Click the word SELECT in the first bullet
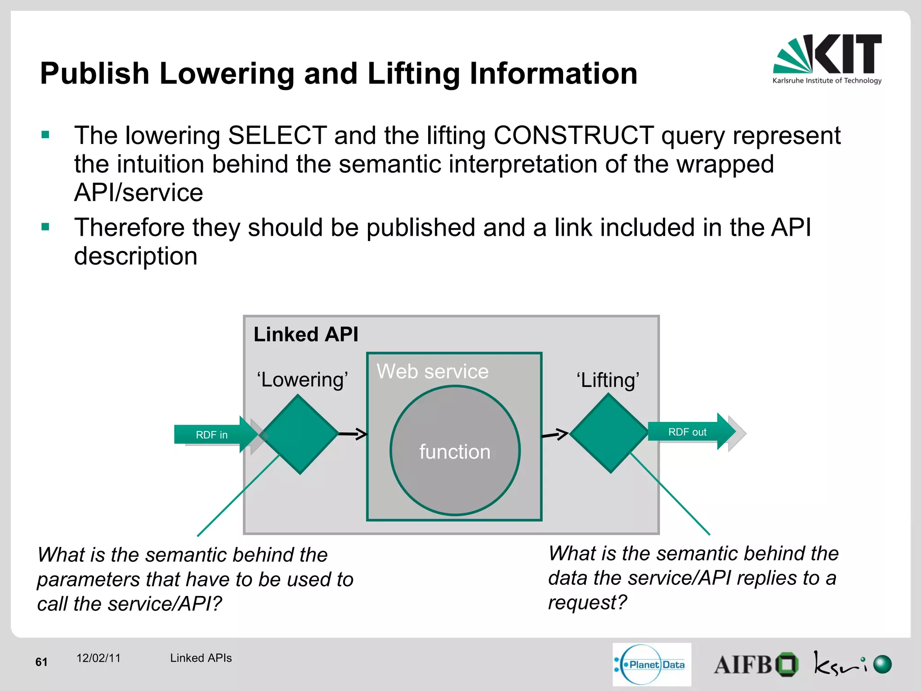click(x=277, y=135)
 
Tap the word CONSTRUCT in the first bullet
click(x=573, y=135)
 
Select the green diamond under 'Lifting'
click(x=609, y=433)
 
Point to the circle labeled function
click(x=455, y=450)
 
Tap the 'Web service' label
click(x=432, y=372)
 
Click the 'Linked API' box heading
click(x=306, y=335)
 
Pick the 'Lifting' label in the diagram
click(x=608, y=381)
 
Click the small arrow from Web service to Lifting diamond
click(x=555, y=434)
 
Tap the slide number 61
click(x=41, y=662)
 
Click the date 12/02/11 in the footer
click(x=98, y=658)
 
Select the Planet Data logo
click(x=652, y=664)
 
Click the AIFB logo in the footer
click(x=756, y=664)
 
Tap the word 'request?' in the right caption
click(x=587, y=602)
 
